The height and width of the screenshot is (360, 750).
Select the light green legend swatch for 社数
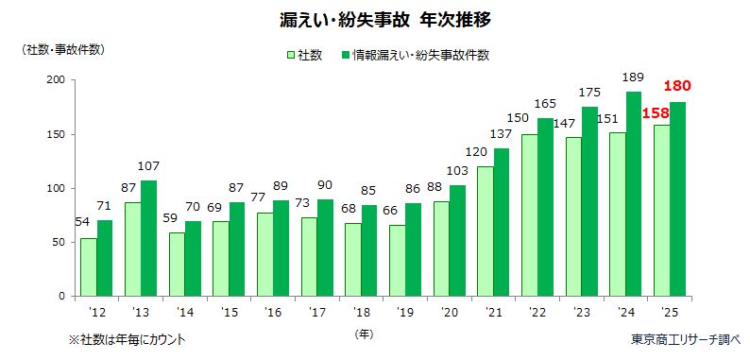click(290, 55)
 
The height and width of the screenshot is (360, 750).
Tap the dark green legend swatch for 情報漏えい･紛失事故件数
click(346, 55)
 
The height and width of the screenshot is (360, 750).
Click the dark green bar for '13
click(148, 238)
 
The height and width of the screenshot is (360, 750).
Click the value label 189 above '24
click(635, 77)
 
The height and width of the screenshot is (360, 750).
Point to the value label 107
click(149, 165)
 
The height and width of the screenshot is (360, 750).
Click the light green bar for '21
click(484, 231)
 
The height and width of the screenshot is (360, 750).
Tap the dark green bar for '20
click(459, 240)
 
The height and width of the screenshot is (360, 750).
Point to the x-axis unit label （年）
click(364, 334)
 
